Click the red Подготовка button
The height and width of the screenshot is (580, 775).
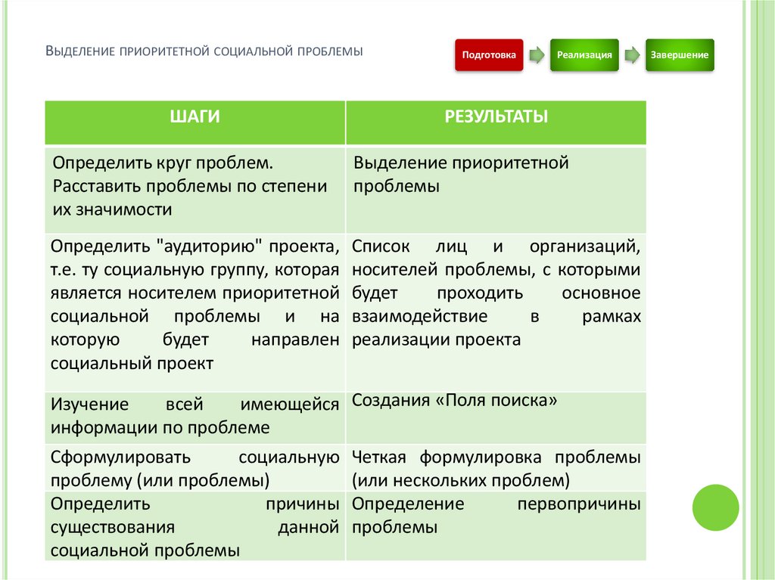point(489,55)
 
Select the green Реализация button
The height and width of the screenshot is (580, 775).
point(584,55)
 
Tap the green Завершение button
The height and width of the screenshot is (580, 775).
point(679,55)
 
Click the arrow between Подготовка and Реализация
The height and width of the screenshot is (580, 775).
point(537,55)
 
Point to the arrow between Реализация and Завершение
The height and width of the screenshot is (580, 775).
point(631,55)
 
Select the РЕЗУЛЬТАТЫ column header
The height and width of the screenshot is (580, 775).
point(496,117)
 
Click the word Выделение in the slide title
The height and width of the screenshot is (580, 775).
point(79,52)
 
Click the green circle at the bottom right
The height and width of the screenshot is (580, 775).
point(715,507)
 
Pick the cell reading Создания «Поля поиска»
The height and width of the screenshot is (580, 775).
point(454,402)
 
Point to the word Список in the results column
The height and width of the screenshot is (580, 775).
point(381,247)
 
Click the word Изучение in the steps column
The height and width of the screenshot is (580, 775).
point(89,405)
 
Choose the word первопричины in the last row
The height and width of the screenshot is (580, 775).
point(578,504)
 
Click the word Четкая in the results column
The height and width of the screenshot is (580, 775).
point(380,457)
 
